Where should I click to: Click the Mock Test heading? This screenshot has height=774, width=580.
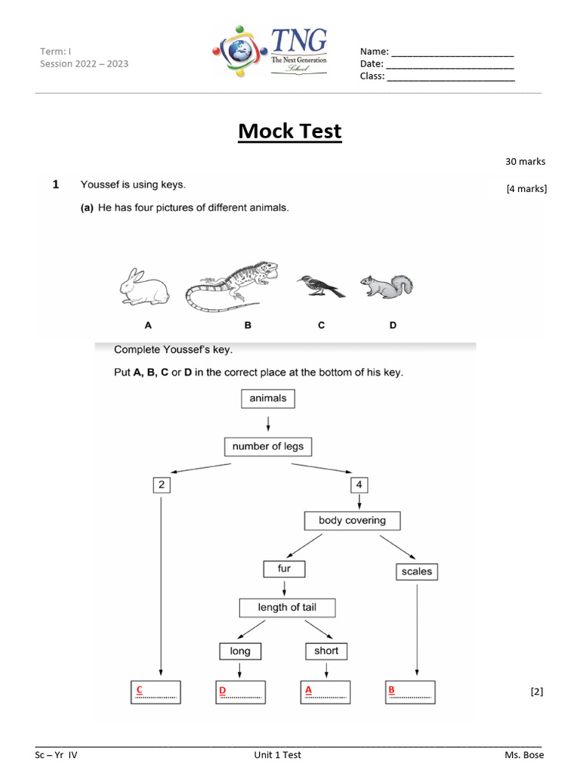(290, 132)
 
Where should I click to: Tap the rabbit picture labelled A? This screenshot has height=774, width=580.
(144, 288)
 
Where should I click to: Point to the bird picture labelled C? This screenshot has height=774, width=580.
(320, 286)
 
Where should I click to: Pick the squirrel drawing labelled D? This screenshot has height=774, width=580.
(387, 286)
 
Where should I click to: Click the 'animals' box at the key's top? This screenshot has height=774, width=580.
(268, 398)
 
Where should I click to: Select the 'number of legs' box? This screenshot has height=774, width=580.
(268, 447)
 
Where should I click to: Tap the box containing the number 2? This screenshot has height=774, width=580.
(161, 485)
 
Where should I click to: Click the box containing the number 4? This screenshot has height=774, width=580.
(360, 485)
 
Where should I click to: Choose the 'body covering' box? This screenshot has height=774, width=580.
(352, 521)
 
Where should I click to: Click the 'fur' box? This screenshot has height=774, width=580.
(284, 568)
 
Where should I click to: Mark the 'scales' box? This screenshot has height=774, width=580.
(417, 571)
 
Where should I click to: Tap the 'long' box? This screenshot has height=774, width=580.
(240, 651)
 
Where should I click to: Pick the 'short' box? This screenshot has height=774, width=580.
(326, 651)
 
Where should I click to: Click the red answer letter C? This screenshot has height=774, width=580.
(139, 690)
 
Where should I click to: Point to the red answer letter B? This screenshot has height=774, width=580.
(391, 690)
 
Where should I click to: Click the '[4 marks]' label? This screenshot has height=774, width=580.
(526, 189)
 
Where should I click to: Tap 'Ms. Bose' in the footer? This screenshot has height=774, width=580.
(524, 755)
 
